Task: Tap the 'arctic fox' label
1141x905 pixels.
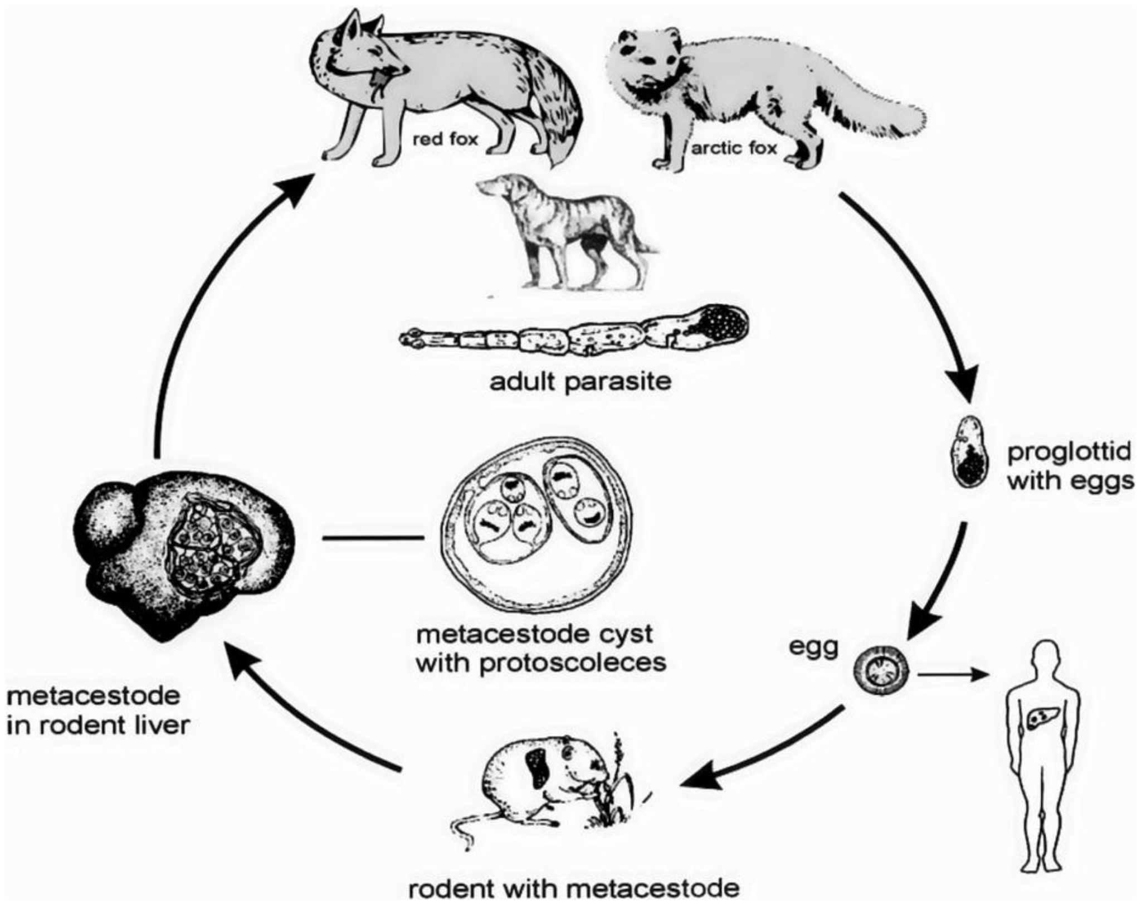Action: pos(734,148)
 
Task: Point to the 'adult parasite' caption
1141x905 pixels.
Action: pos(580,382)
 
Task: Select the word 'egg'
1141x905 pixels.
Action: pos(813,648)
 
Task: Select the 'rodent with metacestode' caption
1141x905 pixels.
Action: pos(574,888)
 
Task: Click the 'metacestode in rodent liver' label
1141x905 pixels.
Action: pos(95,711)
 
